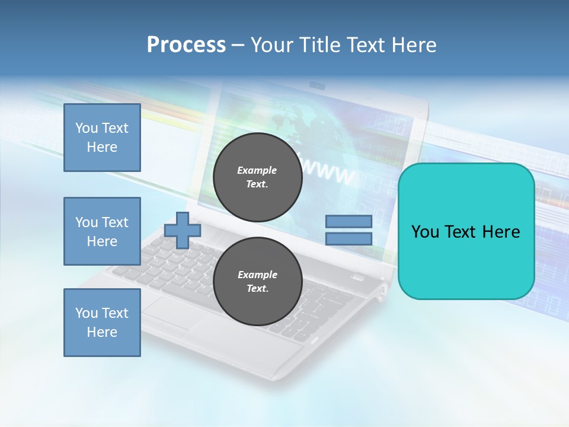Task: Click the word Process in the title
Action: tap(186, 44)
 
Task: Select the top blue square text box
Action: tap(102, 138)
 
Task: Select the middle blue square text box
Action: tap(102, 231)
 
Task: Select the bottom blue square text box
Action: tap(102, 322)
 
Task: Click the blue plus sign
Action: tap(183, 230)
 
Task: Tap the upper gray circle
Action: tap(257, 177)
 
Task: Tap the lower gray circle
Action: tap(257, 282)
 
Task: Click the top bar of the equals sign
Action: tap(349, 222)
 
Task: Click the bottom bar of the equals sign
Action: tap(349, 238)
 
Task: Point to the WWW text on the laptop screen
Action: tap(329, 172)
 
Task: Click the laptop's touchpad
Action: tap(172, 311)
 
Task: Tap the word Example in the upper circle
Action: tap(257, 170)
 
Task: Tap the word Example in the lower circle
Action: tap(257, 275)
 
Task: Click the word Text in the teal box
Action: tap(464, 231)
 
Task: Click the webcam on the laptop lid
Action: tap(318, 87)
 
